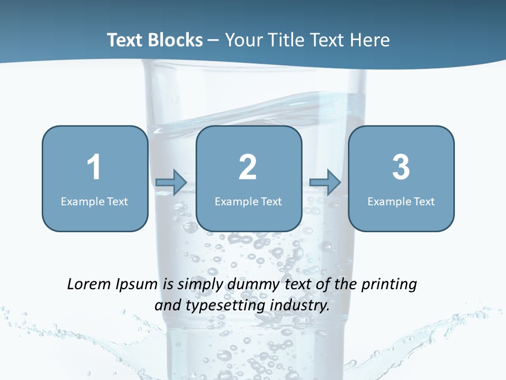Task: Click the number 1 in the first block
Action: pyautogui.click(x=94, y=167)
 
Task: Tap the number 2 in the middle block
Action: pyautogui.click(x=248, y=167)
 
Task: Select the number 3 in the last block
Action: pyautogui.click(x=401, y=167)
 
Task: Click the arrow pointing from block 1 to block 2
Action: pyautogui.click(x=172, y=183)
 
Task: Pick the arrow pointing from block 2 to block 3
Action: pyautogui.click(x=325, y=183)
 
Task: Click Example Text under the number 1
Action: pyautogui.click(x=94, y=201)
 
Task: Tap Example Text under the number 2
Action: pyautogui.click(x=248, y=201)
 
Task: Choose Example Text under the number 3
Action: pyautogui.click(x=401, y=201)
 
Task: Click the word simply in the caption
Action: pyautogui.click(x=199, y=285)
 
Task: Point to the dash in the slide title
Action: pyautogui.click(x=213, y=41)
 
